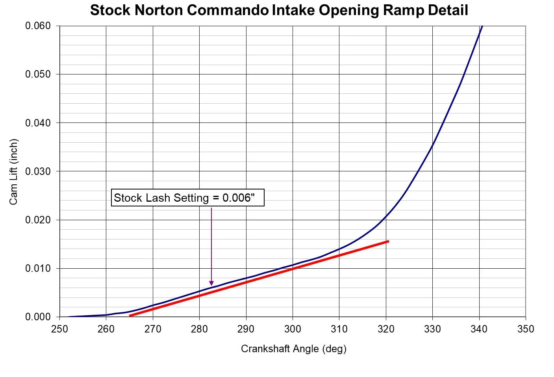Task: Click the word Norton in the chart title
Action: (x=159, y=10)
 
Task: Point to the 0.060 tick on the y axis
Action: (x=38, y=26)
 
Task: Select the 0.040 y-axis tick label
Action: (x=38, y=123)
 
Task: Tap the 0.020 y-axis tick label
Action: (x=38, y=220)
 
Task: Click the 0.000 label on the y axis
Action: (x=38, y=317)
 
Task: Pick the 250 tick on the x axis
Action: (x=59, y=329)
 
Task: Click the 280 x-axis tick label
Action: (x=199, y=329)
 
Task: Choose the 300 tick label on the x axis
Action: (x=293, y=329)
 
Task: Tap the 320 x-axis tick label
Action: (x=386, y=329)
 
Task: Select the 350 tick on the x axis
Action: (x=526, y=329)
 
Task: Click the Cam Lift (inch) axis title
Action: (x=14, y=172)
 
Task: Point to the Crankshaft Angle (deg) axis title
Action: (x=293, y=349)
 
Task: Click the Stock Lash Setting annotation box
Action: (x=187, y=198)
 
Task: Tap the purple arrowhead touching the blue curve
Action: (x=211, y=283)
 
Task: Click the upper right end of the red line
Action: (x=388, y=241)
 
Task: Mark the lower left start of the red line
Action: (x=130, y=316)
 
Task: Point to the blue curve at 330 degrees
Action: (x=432, y=146)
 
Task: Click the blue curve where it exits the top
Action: (x=481, y=27)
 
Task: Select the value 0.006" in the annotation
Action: (x=239, y=198)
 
